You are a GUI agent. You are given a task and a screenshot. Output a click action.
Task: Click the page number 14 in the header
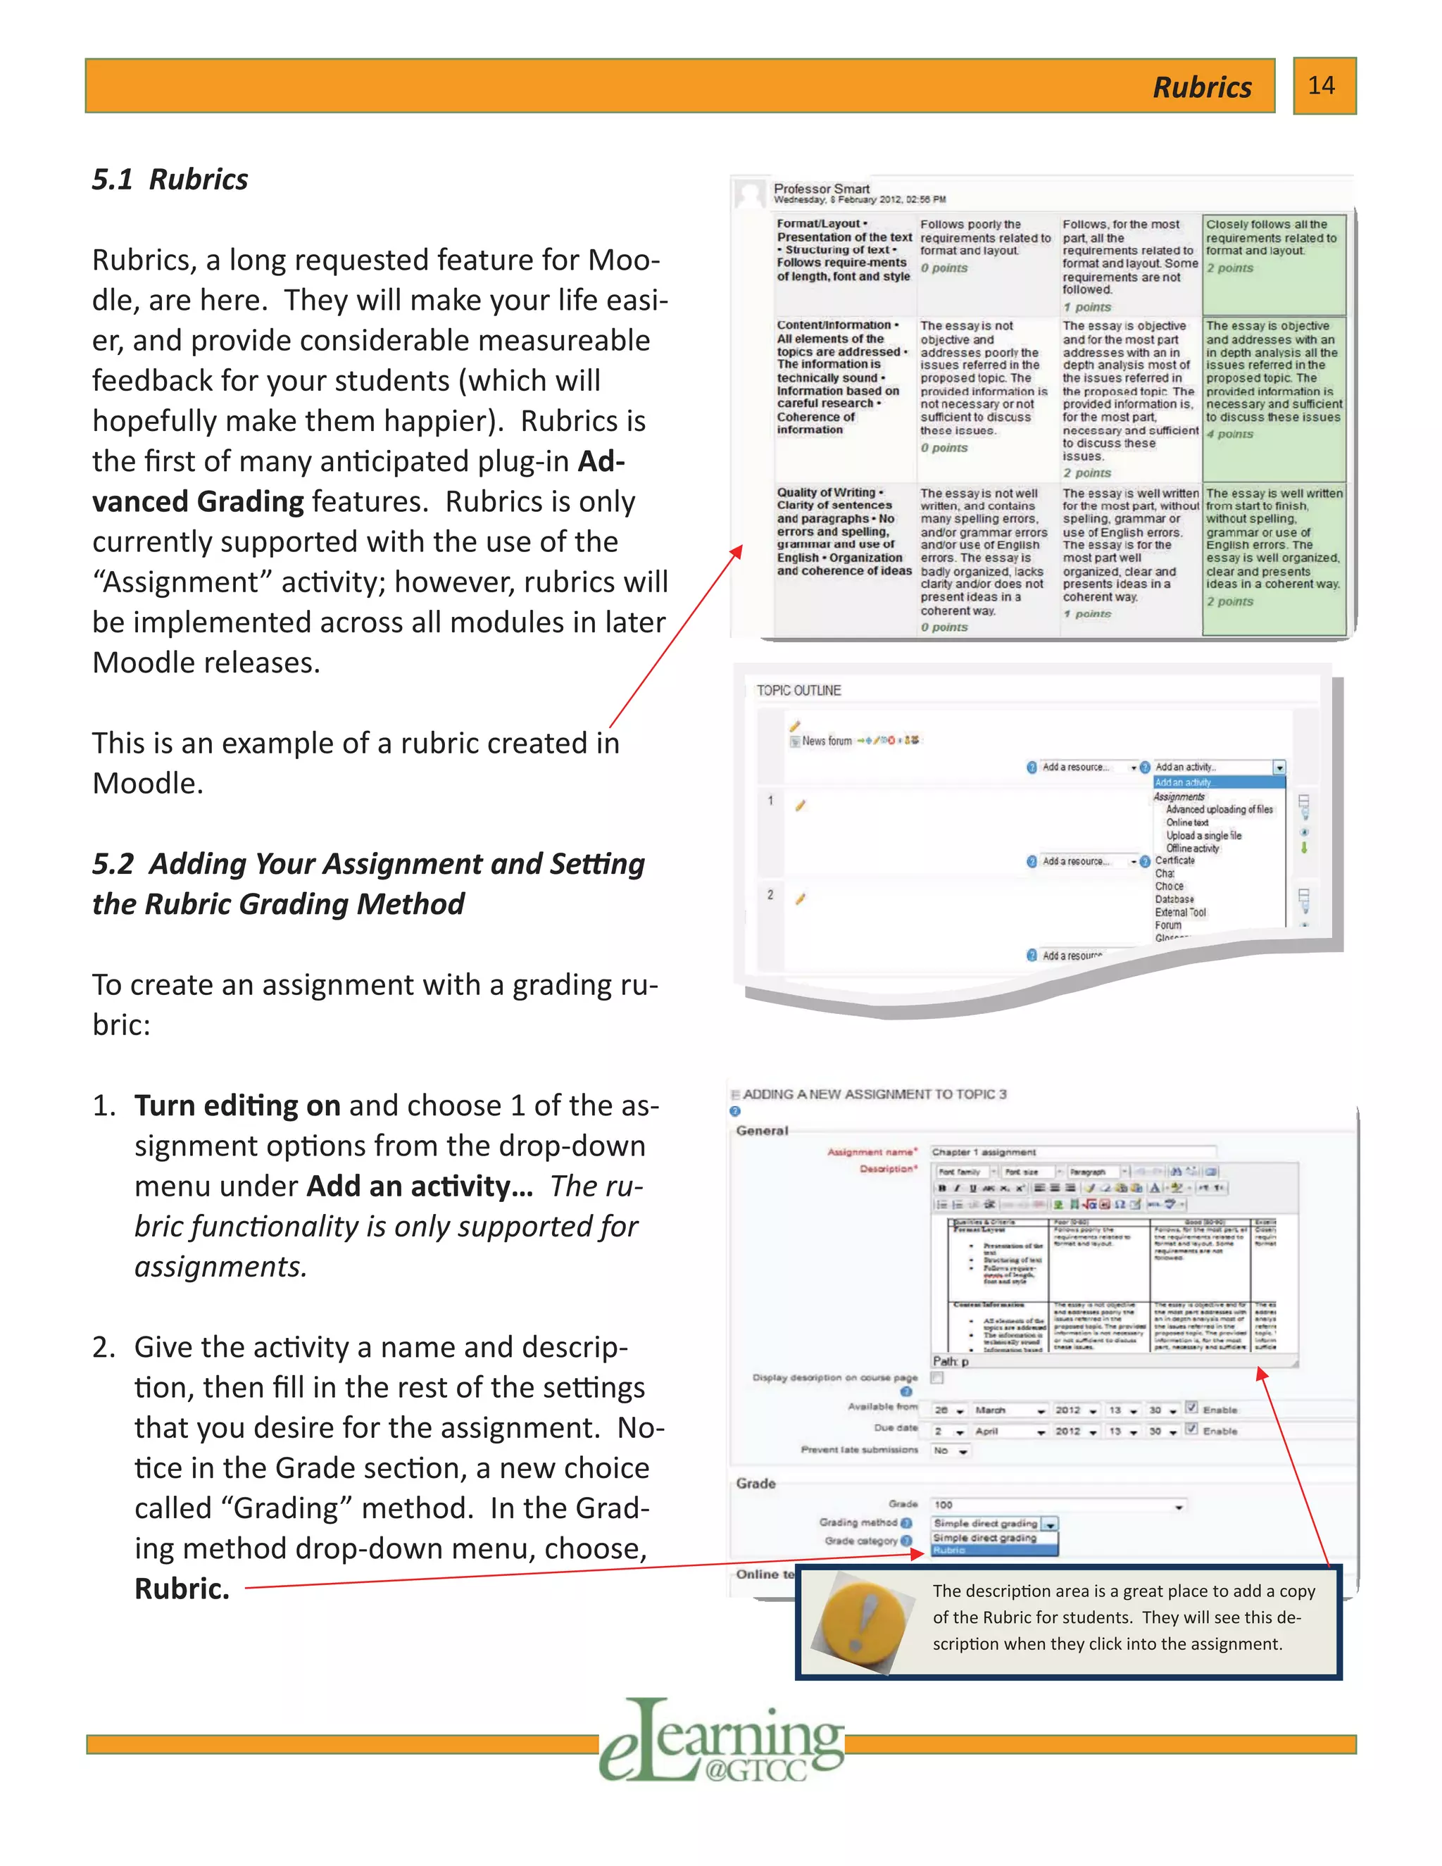(1322, 85)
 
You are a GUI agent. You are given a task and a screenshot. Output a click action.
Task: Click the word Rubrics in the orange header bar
(1202, 87)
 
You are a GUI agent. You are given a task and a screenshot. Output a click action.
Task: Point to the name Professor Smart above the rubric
(821, 189)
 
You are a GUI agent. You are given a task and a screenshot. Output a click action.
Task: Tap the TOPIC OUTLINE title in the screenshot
(798, 690)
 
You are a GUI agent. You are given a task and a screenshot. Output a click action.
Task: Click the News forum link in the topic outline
(826, 741)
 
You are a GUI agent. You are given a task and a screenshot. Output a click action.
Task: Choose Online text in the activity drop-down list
(1187, 822)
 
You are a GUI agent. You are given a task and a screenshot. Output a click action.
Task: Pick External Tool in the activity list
(1181, 913)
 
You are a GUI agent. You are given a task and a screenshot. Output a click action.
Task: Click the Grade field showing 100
(1058, 1505)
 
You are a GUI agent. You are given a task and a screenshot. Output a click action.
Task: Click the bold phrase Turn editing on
(237, 1106)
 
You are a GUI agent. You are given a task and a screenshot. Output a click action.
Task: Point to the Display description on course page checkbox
(937, 1377)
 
